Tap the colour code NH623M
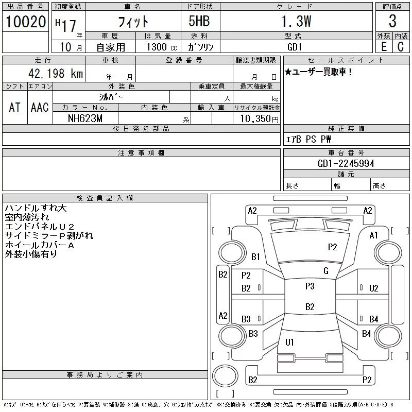point(85,118)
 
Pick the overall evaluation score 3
point(392,22)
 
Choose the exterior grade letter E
point(384,46)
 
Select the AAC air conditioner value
point(40,107)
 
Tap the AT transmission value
point(15,107)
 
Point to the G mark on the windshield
point(326,271)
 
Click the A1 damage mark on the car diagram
point(374,235)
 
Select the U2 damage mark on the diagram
point(374,288)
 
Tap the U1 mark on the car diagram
point(289,342)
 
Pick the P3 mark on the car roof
point(310,286)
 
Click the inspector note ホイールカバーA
point(39,245)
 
